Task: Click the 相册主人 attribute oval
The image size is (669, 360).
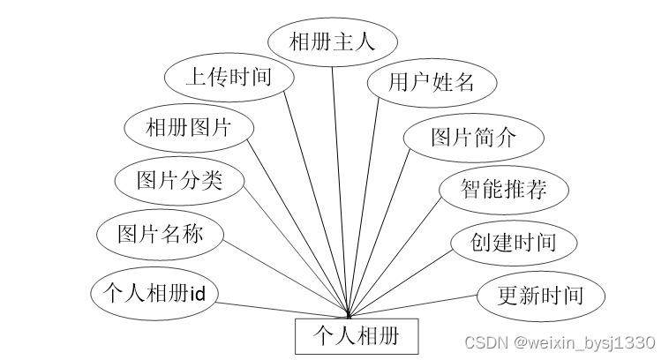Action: (332, 41)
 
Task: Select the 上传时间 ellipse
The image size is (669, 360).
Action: (229, 77)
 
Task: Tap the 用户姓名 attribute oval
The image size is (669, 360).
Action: (432, 83)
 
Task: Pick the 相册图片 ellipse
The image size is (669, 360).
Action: (189, 127)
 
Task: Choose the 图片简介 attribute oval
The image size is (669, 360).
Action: (473, 137)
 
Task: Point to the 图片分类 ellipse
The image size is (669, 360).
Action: (179, 181)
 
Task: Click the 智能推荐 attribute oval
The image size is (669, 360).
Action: (504, 189)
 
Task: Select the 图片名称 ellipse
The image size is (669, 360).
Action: (161, 234)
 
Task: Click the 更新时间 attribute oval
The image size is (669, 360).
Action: (540, 295)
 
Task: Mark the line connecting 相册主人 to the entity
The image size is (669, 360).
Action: (340, 176)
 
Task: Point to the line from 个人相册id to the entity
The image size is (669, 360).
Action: (282, 309)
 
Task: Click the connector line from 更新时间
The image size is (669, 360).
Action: (415, 304)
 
